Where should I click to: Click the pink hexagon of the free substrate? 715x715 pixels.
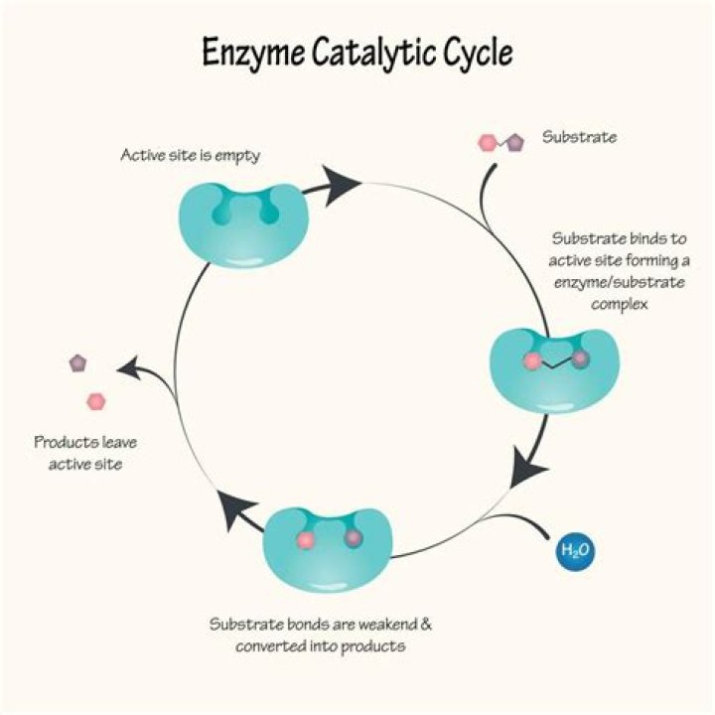pos(488,143)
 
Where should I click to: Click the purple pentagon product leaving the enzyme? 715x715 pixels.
pos(78,363)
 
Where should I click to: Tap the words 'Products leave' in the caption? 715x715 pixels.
pos(78,443)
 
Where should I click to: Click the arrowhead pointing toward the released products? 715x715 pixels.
pos(127,369)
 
